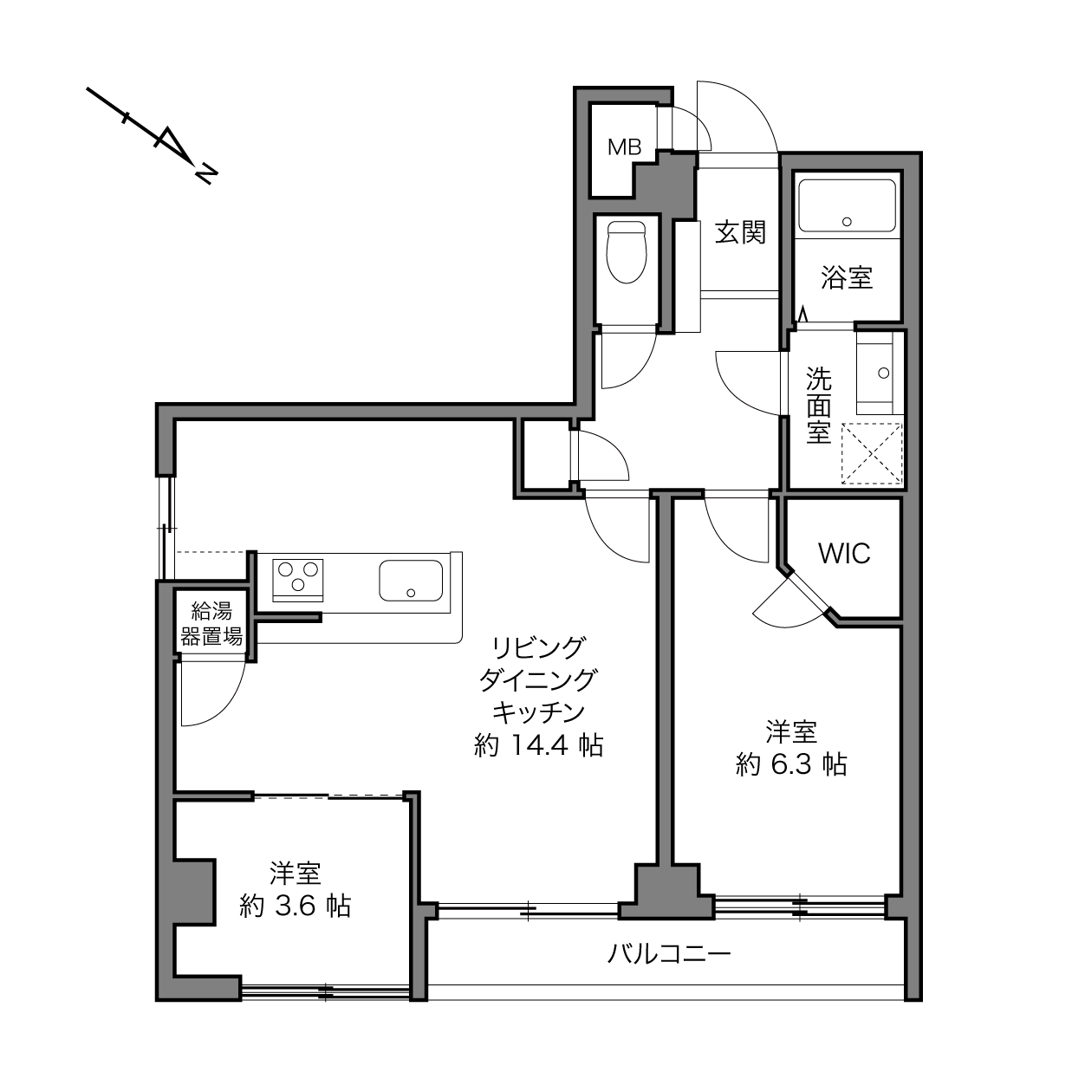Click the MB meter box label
[625, 147]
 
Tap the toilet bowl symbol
[626, 251]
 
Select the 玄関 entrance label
[740, 232]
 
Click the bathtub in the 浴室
[847, 205]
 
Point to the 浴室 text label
[847, 277]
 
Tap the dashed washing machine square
[872, 453]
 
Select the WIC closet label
[845, 554]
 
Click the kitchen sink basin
[411, 581]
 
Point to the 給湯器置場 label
[211, 623]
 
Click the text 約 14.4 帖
[539, 746]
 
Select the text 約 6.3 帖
[791, 764]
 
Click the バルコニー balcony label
[669, 954]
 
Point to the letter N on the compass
[206, 174]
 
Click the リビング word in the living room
[539, 648]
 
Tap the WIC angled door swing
[789, 599]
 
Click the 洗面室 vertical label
[819, 405]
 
